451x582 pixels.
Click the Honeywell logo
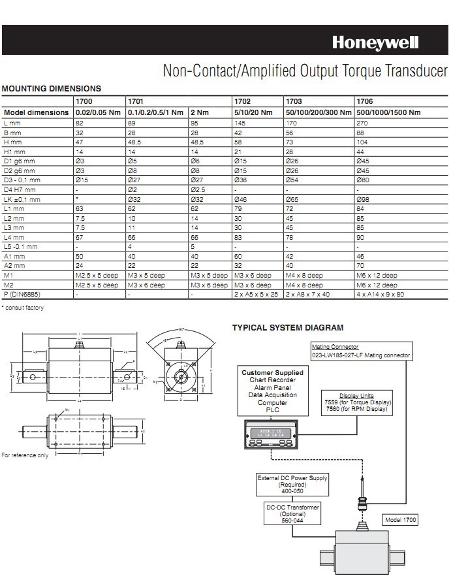375,43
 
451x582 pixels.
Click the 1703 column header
294,102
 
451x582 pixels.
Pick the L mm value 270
362,122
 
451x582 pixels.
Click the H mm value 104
362,141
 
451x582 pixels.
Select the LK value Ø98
362,199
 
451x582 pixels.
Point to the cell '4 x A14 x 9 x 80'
381,295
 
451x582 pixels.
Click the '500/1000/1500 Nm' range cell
388,112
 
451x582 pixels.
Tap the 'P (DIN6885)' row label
22,295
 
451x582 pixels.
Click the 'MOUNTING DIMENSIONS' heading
52,89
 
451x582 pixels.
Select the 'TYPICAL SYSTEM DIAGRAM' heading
288,328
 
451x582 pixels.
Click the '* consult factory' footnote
23,308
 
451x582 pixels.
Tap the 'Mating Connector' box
361,351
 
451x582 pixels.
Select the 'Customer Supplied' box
272,391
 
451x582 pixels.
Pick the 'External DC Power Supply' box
292,485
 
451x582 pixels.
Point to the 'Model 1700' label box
400,520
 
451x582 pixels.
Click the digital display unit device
270,434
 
